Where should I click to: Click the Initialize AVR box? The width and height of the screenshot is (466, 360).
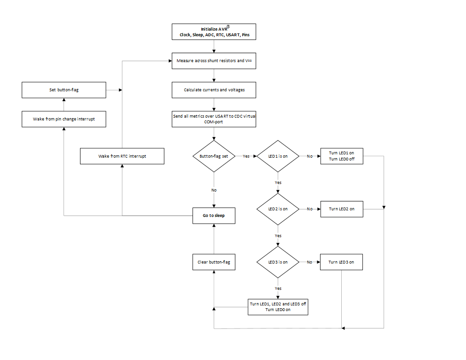click(x=214, y=32)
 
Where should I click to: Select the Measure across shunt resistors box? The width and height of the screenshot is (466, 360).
click(x=214, y=61)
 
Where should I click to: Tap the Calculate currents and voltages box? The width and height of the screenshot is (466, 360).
click(x=214, y=89)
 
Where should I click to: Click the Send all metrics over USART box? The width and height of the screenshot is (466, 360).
click(x=214, y=119)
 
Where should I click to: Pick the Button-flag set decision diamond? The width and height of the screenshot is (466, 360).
click(x=214, y=156)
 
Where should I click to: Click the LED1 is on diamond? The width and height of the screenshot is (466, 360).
click(x=278, y=156)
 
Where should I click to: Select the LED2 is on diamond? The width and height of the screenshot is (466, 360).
click(x=278, y=209)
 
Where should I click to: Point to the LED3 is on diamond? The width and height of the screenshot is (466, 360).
click(x=278, y=262)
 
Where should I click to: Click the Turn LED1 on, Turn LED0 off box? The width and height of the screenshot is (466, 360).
click(x=341, y=156)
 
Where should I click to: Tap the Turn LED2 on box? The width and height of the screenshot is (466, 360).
click(x=341, y=209)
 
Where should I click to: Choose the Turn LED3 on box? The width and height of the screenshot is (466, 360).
click(x=341, y=262)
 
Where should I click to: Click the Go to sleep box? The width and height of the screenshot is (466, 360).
click(x=214, y=216)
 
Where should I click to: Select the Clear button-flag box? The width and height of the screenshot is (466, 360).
click(x=214, y=262)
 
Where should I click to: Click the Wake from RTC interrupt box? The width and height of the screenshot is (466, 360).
click(x=122, y=156)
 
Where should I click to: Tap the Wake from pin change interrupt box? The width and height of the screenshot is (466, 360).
click(x=64, y=119)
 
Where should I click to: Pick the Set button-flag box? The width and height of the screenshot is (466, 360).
click(x=64, y=89)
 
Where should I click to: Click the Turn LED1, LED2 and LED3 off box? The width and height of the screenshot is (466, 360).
click(x=278, y=307)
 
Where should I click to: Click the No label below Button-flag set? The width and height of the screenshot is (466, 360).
click(x=214, y=190)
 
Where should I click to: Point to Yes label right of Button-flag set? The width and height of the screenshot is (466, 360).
click(x=246, y=156)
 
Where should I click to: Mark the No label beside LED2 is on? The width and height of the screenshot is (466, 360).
click(x=310, y=209)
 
